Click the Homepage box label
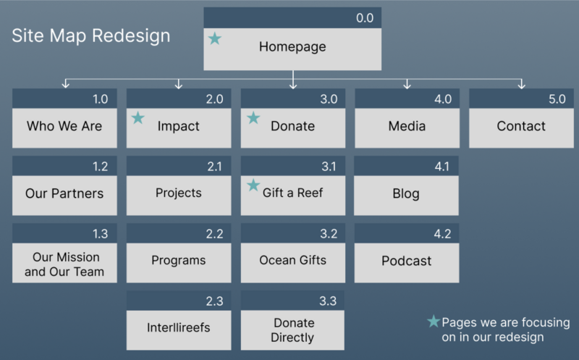pos(292,47)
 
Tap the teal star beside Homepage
pos(214,38)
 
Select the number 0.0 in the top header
pos(365,18)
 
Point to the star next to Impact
pos(138,118)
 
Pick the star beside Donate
pos(253,118)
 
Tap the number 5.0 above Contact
pos(557,99)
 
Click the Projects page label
pos(178,193)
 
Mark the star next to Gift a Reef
pos(253,185)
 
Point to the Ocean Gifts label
pos(293,260)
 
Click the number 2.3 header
pos(214,301)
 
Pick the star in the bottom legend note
pos(434,321)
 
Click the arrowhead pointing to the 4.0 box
pos(407,85)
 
